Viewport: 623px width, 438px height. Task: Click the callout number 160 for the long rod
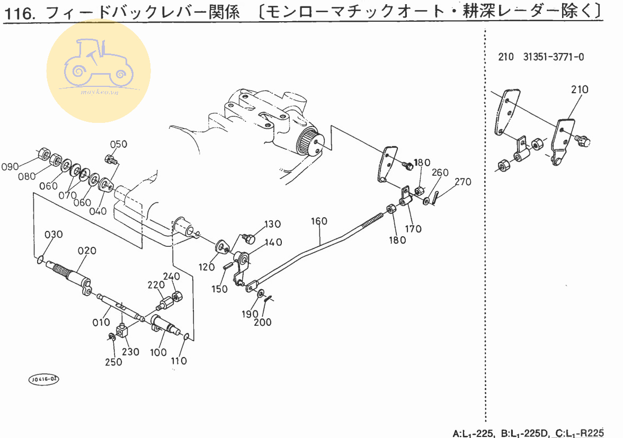point(319,221)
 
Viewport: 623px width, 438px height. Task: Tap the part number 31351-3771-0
point(554,57)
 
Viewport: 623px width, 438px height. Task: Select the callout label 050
point(119,144)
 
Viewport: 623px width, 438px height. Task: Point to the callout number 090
point(11,167)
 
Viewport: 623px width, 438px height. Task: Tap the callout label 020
point(87,251)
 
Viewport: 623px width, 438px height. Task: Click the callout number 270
point(462,182)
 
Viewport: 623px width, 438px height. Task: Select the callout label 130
point(273,224)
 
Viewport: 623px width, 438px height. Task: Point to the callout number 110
point(179,361)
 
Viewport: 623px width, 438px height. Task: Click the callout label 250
point(113,362)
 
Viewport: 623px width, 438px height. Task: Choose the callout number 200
point(263,322)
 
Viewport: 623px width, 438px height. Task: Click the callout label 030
point(54,235)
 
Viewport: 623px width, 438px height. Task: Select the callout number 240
point(171,276)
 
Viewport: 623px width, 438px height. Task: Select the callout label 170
point(413,229)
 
